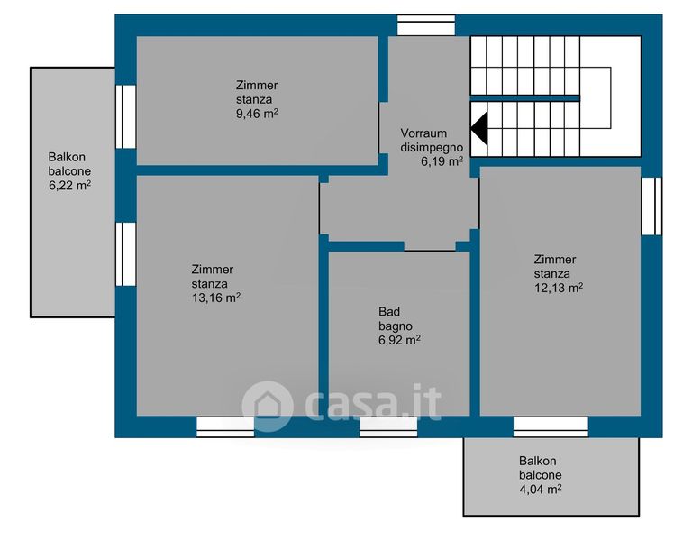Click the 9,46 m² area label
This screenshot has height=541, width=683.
click(x=257, y=114)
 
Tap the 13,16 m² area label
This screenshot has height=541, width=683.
click(x=216, y=298)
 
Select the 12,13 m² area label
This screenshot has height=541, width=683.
click(x=559, y=288)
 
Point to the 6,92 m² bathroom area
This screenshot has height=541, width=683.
click(x=399, y=340)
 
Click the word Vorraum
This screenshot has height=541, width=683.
click(x=423, y=133)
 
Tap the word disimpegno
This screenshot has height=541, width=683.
click(x=432, y=147)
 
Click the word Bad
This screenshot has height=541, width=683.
click(x=389, y=312)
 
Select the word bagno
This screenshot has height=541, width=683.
click(x=396, y=326)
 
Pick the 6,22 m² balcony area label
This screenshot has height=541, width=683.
click(x=69, y=185)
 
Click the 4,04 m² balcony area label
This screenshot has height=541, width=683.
click(x=540, y=489)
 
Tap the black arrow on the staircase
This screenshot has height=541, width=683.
click(x=478, y=128)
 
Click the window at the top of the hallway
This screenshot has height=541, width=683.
click(x=426, y=25)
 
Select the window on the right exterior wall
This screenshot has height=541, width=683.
click(x=651, y=206)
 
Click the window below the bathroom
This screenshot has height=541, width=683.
click(x=388, y=427)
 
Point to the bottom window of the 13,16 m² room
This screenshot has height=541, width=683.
click(x=225, y=427)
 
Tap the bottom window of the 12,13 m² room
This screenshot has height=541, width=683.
click(x=551, y=427)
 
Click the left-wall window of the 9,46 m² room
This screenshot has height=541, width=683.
click(x=126, y=116)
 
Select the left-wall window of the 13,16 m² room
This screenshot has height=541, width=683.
click(x=126, y=254)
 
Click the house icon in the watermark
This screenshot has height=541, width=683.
click(x=267, y=407)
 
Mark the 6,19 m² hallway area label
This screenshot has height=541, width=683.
click(x=442, y=161)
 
